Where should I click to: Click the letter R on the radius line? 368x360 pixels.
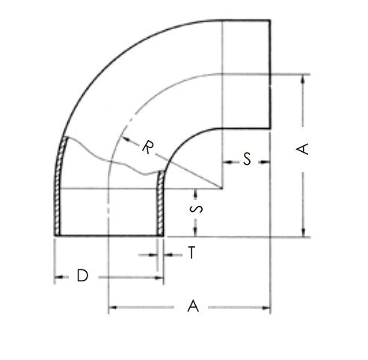tap(147, 147)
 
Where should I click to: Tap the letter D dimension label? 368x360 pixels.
tap(82, 275)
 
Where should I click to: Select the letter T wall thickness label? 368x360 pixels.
tap(191, 252)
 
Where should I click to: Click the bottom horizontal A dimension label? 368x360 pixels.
tap(193, 306)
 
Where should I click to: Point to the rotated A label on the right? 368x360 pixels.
tap(302, 149)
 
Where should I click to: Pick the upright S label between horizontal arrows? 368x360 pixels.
tap(247, 159)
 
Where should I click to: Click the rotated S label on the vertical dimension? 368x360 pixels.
tap(196, 209)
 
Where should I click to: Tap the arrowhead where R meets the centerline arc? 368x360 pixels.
tap(126, 138)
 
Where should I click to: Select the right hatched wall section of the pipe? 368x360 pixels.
tap(160, 204)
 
